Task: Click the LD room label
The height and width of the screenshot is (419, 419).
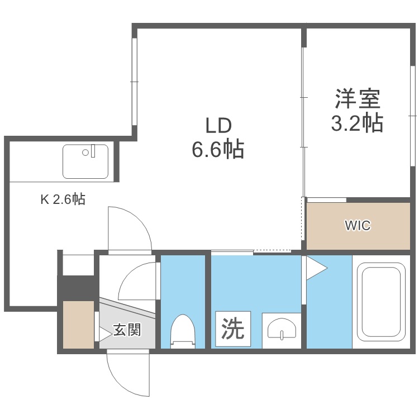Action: click(218, 126)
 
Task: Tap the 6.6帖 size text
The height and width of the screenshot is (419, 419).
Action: click(218, 149)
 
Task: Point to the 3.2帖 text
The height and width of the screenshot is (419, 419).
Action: click(358, 123)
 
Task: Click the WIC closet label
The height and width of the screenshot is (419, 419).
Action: click(358, 226)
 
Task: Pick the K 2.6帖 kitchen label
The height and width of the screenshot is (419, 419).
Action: click(63, 199)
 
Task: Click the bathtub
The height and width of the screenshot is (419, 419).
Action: click(382, 302)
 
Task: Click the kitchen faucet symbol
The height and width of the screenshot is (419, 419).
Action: click(93, 151)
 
